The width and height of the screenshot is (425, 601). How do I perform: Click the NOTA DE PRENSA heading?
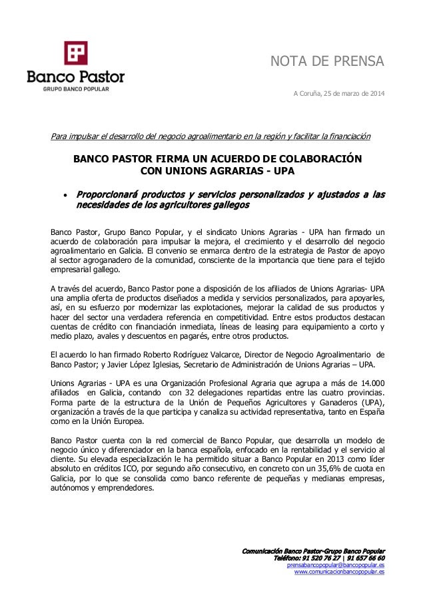click(326, 63)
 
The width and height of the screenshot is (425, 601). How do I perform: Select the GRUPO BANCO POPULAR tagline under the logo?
click(75, 88)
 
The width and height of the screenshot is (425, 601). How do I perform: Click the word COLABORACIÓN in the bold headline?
click(313, 160)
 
